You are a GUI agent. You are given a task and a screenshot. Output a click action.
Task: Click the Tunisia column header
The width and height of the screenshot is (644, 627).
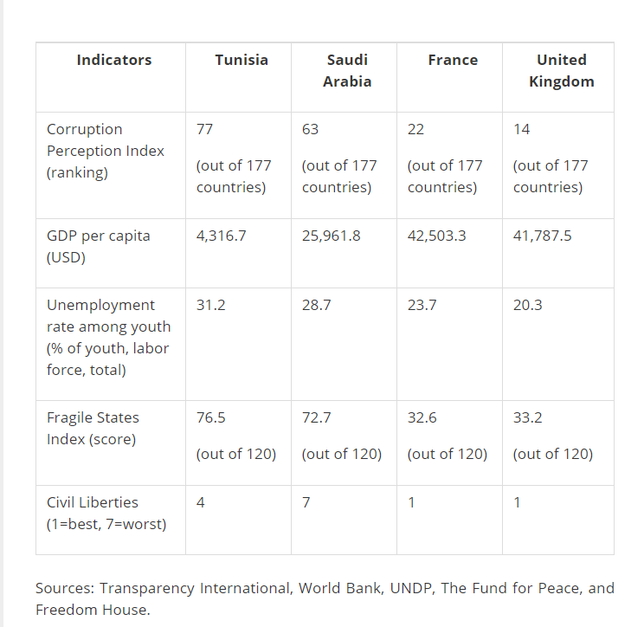(x=241, y=60)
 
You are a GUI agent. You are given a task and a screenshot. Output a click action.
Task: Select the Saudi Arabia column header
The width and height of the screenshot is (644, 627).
(x=347, y=70)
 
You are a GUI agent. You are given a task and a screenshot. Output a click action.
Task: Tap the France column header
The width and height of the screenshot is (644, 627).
(x=453, y=60)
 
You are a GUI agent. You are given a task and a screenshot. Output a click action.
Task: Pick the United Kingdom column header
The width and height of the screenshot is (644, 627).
(x=562, y=70)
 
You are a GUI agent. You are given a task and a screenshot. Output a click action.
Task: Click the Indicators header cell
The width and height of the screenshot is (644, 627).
(x=113, y=60)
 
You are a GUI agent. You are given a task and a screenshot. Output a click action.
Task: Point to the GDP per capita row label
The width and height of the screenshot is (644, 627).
(x=98, y=246)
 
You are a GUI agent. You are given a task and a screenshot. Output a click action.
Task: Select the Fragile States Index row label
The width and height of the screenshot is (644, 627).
(x=93, y=428)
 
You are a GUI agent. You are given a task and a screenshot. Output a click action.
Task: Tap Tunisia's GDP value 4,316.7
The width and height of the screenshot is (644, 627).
(x=221, y=236)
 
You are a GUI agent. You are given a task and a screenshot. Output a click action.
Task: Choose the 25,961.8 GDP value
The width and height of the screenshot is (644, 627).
(x=331, y=236)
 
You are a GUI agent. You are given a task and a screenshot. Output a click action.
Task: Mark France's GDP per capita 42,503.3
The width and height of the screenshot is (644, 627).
(x=436, y=236)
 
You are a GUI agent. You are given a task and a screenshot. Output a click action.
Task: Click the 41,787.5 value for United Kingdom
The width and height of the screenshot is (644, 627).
(x=542, y=236)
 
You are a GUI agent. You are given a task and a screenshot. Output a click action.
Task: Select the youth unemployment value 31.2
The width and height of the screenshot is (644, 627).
(x=210, y=305)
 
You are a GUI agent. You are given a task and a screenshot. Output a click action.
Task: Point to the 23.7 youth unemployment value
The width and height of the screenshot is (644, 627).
(x=422, y=305)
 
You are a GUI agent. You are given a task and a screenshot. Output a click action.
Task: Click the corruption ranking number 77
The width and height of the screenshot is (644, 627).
(x=205, y=129)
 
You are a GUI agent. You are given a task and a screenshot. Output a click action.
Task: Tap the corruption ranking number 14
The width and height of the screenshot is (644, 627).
(x=521, y=129)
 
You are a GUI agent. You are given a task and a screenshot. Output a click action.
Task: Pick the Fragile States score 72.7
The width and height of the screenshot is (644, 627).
(x=316, y=417)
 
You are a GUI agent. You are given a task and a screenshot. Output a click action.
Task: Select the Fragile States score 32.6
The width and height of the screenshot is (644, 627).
(x=422, y=417)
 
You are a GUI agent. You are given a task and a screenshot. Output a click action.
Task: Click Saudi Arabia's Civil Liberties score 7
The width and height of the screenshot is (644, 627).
(x=306, y=502)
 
